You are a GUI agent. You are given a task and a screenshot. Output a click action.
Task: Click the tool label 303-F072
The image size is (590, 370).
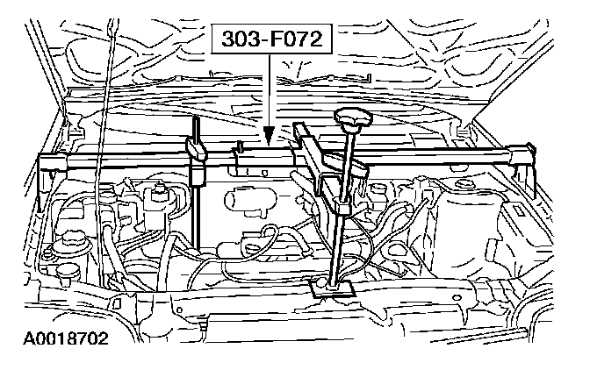click(270, 39)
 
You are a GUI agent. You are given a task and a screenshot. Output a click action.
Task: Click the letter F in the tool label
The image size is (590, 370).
click(270, 39)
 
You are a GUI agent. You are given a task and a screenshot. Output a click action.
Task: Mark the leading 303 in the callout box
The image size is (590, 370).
click(240, 39)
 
